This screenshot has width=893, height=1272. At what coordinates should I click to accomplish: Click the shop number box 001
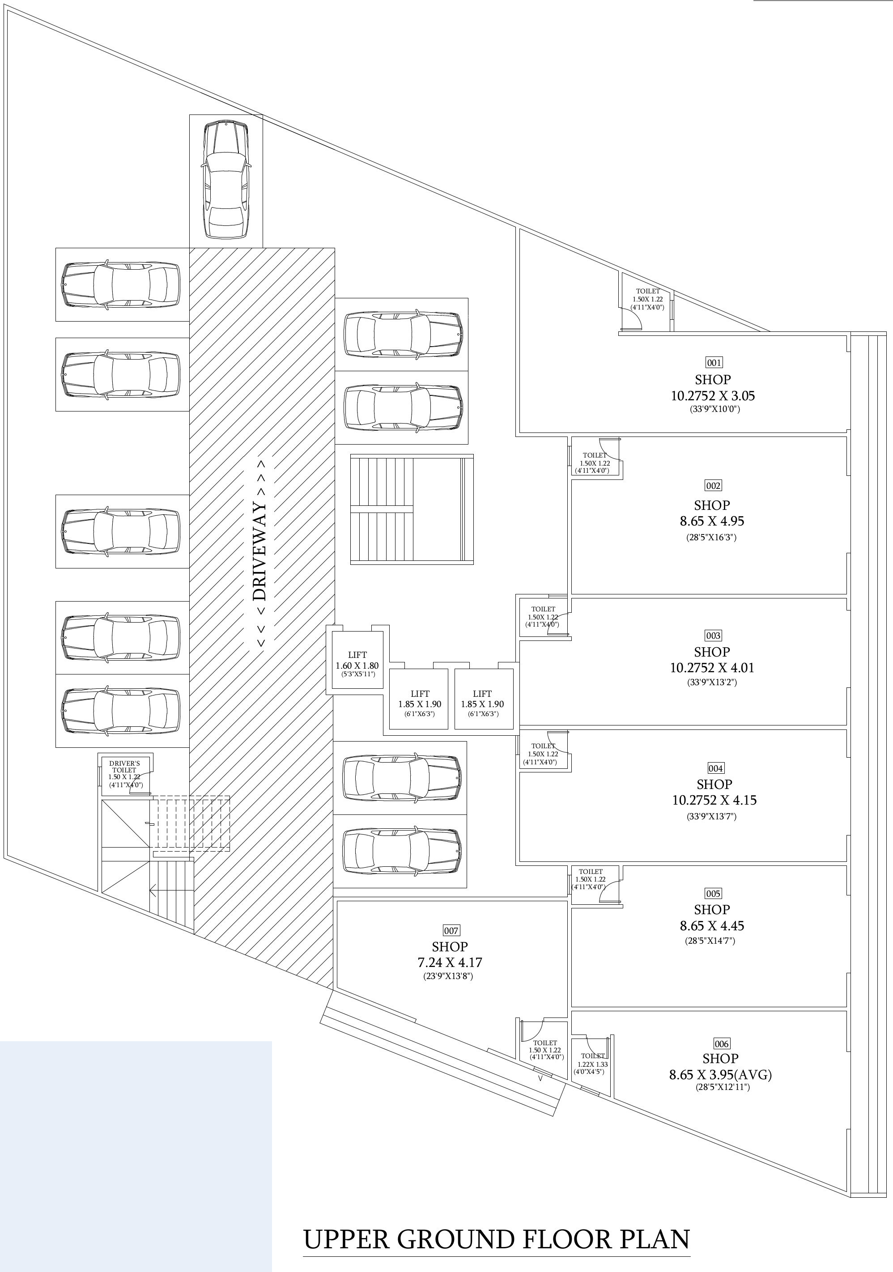(x=714, y=363)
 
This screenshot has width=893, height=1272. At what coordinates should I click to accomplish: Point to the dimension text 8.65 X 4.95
(x=712, y=522)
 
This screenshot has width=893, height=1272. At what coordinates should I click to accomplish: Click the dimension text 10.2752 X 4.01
(x=712, y=668)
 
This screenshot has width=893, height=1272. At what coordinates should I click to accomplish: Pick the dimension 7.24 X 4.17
(x=450, y=962)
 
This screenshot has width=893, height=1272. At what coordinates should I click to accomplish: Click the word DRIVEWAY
(x=260, y=552)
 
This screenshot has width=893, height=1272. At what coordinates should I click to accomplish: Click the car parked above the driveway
(x=225, y=181)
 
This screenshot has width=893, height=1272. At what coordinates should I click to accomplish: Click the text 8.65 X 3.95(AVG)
(x=720, y=1075)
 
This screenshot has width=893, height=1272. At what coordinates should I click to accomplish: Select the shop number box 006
(x=721, y=1044)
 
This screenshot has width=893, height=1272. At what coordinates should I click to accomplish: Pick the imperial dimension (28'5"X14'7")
(x=710, y=941)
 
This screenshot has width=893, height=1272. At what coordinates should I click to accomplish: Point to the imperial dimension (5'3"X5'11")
(x=357, y=674)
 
